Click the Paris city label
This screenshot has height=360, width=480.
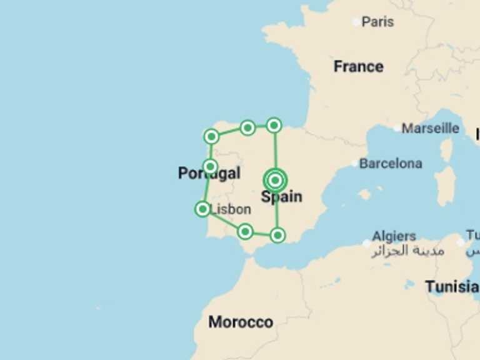pyautogui.click(x=377, y=22)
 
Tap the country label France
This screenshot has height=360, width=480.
pyautogui.click(x=358, y=66)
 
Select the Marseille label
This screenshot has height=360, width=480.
pyautogui.click(x=430, y=128)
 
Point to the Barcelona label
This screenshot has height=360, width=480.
pyautogui.click(x=391, y=164)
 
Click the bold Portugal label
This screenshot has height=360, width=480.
pyautogui.click(x=209, y=174)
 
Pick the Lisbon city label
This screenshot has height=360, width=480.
pyautogui.click(x=230, y=210)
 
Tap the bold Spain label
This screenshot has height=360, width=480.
pyautogui.click(x=281, y=197)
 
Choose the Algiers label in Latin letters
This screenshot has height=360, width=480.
pyautogui.click(x=394, y=236)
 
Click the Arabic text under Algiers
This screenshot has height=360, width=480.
pyautogui.click(x=408, y=251)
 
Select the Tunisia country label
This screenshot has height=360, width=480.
pyautogui.click(x=452, y=287)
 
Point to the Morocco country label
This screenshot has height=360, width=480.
pyautogui.click(x=241, y=322)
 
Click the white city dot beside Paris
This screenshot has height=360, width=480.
pyautogui.click(x=356, y=22)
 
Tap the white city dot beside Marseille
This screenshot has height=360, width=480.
pyautogui.click(x=397, y=128)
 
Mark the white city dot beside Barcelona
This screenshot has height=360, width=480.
pyautogui.click(x=354, y=164)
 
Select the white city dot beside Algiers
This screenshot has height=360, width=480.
pyautogui.click(x=367, y=243)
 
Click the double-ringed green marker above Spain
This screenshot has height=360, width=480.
pyautogui.click(x=275, y=180)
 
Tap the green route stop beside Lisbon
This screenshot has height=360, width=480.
pyautogui.click(x=202, y=209)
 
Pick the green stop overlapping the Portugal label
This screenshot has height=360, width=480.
pyautogui.click(x=211, y=166)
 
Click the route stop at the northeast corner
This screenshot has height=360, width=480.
pyautogui.click(x=274, y=125)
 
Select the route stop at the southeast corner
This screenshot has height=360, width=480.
pyautogui.click(x=277, y=235)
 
